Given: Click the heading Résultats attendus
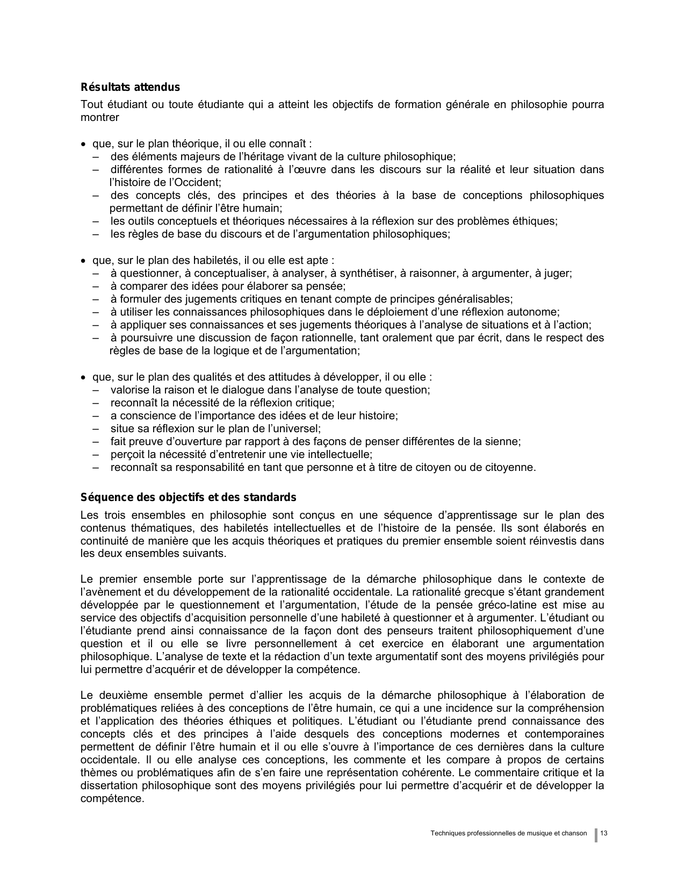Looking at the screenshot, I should click(130, 87).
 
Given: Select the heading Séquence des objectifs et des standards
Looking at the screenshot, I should click(188, 497).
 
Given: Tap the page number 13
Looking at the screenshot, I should click(604, 833).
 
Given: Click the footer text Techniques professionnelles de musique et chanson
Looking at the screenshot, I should click(509, 833).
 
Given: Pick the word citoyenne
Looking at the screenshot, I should click(512, 467).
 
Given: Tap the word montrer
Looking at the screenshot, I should click(99, 117).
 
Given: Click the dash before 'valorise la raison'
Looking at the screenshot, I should click(96, 390).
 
